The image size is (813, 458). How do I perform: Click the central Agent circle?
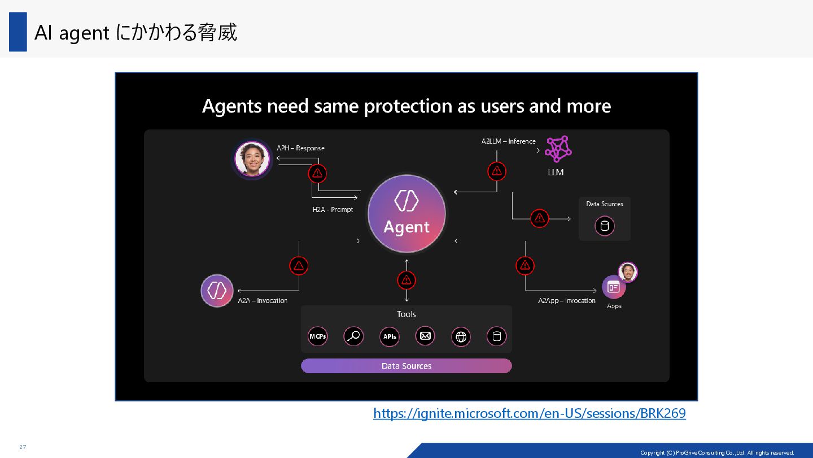pyautogui.click(x=406, y=214)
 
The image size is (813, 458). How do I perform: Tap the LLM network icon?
pyautogui.click(x=557, y=149)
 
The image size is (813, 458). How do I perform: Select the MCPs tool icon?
pyautogui.click(x=317, y=336)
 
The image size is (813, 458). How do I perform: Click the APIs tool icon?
pyautogui.click(x=389, y=336)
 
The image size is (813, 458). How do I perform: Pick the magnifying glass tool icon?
pyautogui.click(x=353, y=336)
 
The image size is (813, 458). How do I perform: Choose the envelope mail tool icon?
pyautogui.click(x=425, y=336)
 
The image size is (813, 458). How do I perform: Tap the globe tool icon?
pyautogui.click(x=461, y=337)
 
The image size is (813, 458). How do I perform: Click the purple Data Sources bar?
pyautogui.click(x=406, y=366)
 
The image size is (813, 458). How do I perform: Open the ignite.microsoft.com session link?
pyautogui.click(x=530, y=413)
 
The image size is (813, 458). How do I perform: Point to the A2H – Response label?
pyautogui.click(x=300, y=148)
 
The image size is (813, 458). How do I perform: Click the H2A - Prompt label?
pyautogui.click(x=333, y=209)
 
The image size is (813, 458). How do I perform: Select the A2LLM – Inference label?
pyautogui.click(x=508, y=141)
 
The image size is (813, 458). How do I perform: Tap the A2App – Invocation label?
pyautogui.click(x=566, y=301)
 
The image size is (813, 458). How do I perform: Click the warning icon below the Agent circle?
pyautogui.click(x=406, y=280)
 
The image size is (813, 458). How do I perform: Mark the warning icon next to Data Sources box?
pyautogui.click(x=539, y=218)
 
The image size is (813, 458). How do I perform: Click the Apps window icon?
pyautogui.click(x=613, y=287)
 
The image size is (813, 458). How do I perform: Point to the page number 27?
pyautogui.click(x=23, y=447)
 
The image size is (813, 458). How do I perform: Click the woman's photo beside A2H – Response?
pyautogui.click(x=252, y=159)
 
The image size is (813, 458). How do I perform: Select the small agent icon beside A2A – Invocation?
pyautogui.click(x=217, y=291)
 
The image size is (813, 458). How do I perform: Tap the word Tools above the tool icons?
pyautogui.click(x=406, y=314)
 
